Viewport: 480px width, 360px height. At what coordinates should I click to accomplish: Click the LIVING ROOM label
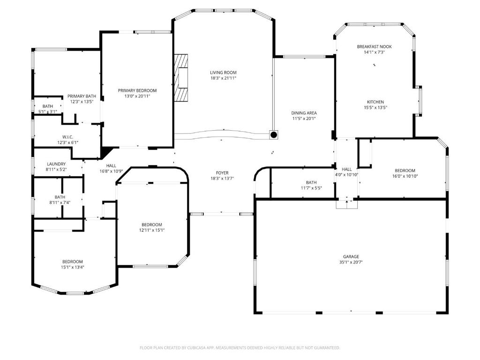(x=223, y=73)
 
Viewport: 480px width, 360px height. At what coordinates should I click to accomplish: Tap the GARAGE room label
(x=351, y=256)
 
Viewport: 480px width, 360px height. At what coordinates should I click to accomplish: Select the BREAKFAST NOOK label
(x=374, y=46)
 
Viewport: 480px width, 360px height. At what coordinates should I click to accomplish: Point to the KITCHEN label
(x=375, y=102)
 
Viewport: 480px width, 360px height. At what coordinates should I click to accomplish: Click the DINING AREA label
(x=304, y=113)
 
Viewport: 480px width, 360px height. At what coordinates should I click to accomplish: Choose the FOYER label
(x=222, y=173)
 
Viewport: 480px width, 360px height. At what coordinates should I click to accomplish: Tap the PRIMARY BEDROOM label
(x=137, y=90)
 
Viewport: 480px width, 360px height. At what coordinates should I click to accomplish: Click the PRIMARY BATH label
(x=82, y=96)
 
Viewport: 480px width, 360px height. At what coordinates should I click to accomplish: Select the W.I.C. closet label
(x=67, y=137)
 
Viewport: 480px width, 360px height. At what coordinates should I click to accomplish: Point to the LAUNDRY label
(x=56, y=164)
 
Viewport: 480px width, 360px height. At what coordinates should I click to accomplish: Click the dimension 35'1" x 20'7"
(x=351, y=262)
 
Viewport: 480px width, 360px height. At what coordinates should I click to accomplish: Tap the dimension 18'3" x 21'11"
(x=223, y=78)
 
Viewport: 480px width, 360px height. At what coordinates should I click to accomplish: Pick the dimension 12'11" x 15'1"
(x=152, y=230)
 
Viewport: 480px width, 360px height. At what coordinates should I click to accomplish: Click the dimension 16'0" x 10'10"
(x=405, y=176)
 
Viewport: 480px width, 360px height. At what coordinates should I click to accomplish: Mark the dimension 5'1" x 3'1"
(x=48, y=112)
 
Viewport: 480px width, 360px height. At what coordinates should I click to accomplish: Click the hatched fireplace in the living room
(x=181, y=77)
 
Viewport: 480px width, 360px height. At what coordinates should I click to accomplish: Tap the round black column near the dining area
(x=274, y=135)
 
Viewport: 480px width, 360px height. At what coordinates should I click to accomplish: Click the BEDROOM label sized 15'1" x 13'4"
(x=73, y=262)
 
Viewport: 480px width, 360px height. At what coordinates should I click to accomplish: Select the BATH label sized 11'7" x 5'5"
(x=311, y=182)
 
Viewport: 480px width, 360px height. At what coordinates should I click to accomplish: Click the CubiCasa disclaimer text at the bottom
(x=240, y=348)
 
